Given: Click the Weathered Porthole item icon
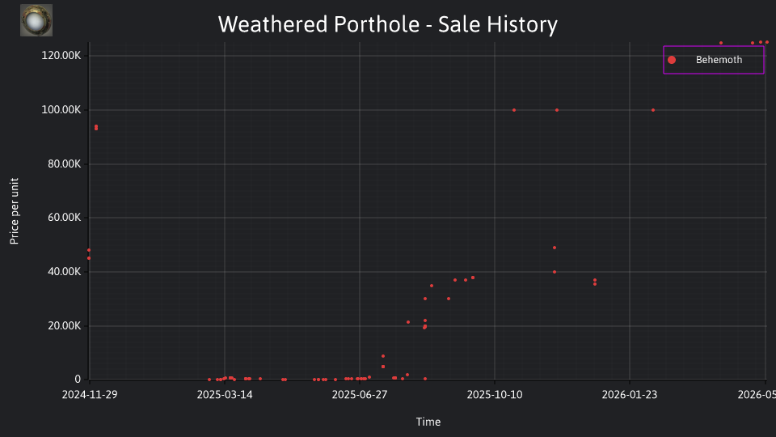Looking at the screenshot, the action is click(x=36, y=20).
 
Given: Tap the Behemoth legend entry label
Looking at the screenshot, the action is click(x=719, y=60).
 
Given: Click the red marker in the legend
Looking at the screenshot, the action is click(x=672, y=60).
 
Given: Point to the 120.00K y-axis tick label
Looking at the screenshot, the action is click(x=61, y=56).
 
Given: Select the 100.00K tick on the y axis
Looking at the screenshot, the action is click(x=61, y=109).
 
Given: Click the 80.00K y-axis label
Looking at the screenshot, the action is click(x=65, y=164).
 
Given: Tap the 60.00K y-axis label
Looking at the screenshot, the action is click(x=65, y=218).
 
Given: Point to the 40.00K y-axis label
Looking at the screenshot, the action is click(x=65, y=272).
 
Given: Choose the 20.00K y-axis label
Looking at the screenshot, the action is click(x=65, y=325).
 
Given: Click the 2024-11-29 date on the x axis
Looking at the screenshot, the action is click(x=90, y=394).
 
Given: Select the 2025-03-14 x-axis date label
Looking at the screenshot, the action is click(x=225, y=394).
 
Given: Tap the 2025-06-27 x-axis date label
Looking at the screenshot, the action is click(x=360, y=394).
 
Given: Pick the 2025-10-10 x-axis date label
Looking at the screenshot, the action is click(x=495, y=394).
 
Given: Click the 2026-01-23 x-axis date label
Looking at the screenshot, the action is click(x=630, y=394).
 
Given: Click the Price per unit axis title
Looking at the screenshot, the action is click(x=15, y=211).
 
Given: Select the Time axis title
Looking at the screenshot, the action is click(x=428, y=422).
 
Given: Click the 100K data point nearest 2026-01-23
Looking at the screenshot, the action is click(x=653, y=110).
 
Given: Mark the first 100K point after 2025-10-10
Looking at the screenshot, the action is click(x=514, y=110).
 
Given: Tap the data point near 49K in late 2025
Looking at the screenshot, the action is click(x=555, y=248).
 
